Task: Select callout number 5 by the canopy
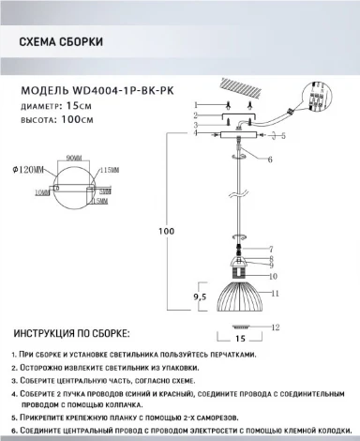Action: [x=282, y=137]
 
